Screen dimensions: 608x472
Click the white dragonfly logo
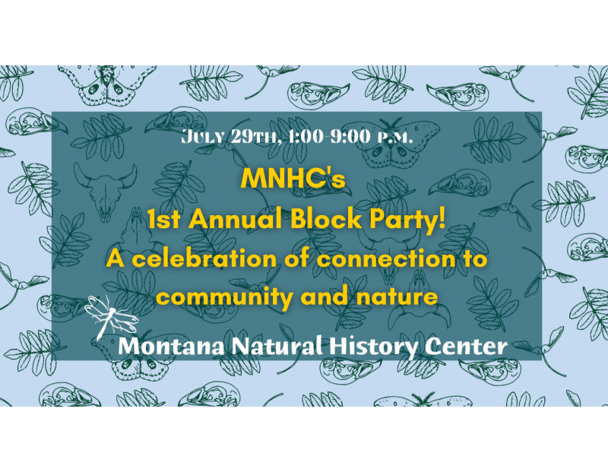click(110, 316)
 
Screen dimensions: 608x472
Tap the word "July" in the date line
click(203, 137)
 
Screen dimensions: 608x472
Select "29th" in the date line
click(255, 137)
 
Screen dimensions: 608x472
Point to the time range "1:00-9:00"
click(329, 137)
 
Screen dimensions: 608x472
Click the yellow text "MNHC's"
click(293, 179)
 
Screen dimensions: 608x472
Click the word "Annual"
click(236, 219)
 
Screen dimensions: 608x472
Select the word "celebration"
click(204, 258)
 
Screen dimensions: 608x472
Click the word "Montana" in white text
click(171, 346)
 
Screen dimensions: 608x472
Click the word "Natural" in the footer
click(277, 345)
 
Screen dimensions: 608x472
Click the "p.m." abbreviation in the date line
click(394, 138)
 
